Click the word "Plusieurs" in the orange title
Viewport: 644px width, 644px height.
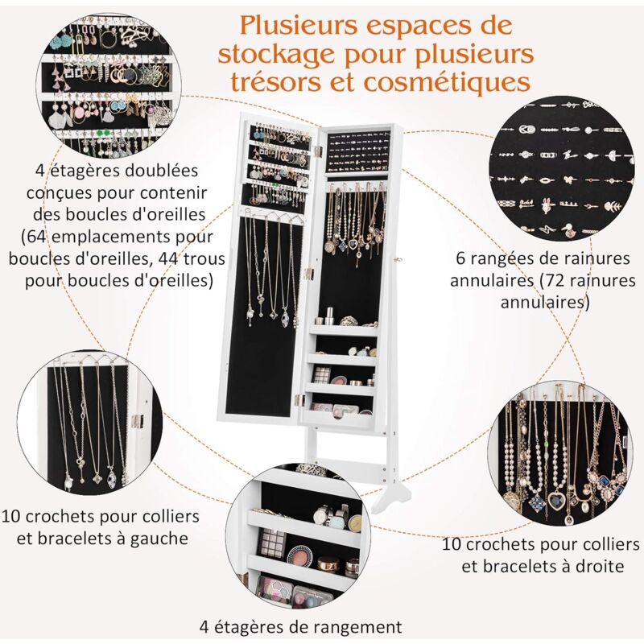click(299, 26)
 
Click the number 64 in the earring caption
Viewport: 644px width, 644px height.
click(39, 237)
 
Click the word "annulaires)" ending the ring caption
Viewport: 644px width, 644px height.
click(545, 303)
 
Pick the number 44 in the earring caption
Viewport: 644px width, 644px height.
click(166, 259)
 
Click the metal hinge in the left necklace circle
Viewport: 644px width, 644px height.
click(136, 420)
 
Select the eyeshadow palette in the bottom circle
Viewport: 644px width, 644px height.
click(272, 542)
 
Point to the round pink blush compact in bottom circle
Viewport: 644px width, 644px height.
click(299, 557)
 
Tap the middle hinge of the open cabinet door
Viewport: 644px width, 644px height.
click(309, 272)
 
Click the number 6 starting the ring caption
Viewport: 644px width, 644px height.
click(461, 258)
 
